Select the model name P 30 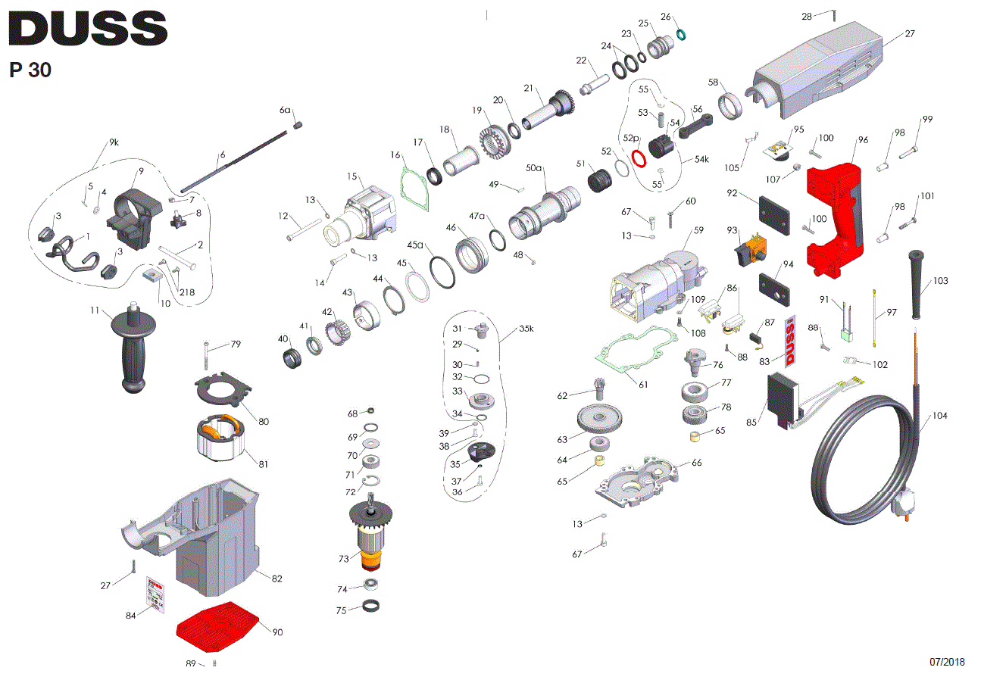tap(30, 70)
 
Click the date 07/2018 tap(947, 662)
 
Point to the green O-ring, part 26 tap(681, 35)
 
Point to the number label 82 tap(276, 579)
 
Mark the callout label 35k tap(526, 329)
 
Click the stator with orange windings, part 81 tap(219, 444)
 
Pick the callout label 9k tap(114, 142)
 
